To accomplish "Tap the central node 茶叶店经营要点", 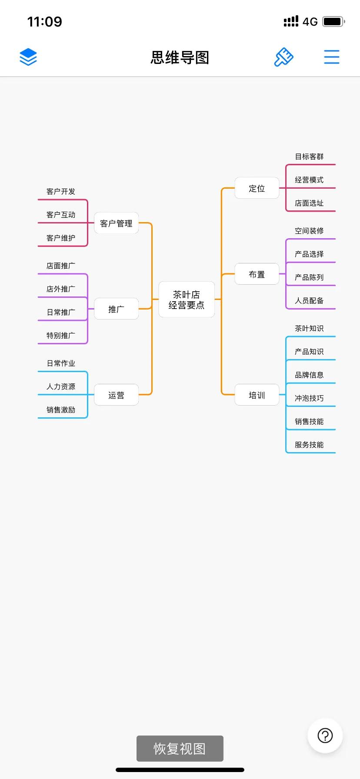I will [x=186, y=300].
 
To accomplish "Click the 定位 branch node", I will [x=257, y=188].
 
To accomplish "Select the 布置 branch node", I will [x=257, y=274].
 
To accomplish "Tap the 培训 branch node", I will [x=257, y=395].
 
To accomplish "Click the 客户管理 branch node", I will [x=116, y=223].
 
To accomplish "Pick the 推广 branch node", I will [x=116, y=309].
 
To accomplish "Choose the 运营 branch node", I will [x=116, y=395].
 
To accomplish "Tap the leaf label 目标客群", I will [x=309, y=156].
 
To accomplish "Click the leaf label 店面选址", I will [x=309, y=203].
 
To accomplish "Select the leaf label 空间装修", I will [x=309, y=231].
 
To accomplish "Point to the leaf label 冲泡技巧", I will [x=309, y=398].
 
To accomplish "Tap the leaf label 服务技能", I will [x=309, y=445].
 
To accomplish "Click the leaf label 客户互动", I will [x=61, y=215].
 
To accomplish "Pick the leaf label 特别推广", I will [x=61, y=336].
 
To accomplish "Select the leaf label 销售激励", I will [x=61, y=410].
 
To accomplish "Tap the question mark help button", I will [x=325, y=736].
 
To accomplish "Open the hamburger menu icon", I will [x=331, y=57].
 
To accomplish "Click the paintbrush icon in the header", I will [x=283, y=57].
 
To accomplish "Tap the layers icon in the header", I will [x=28, y=57].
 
